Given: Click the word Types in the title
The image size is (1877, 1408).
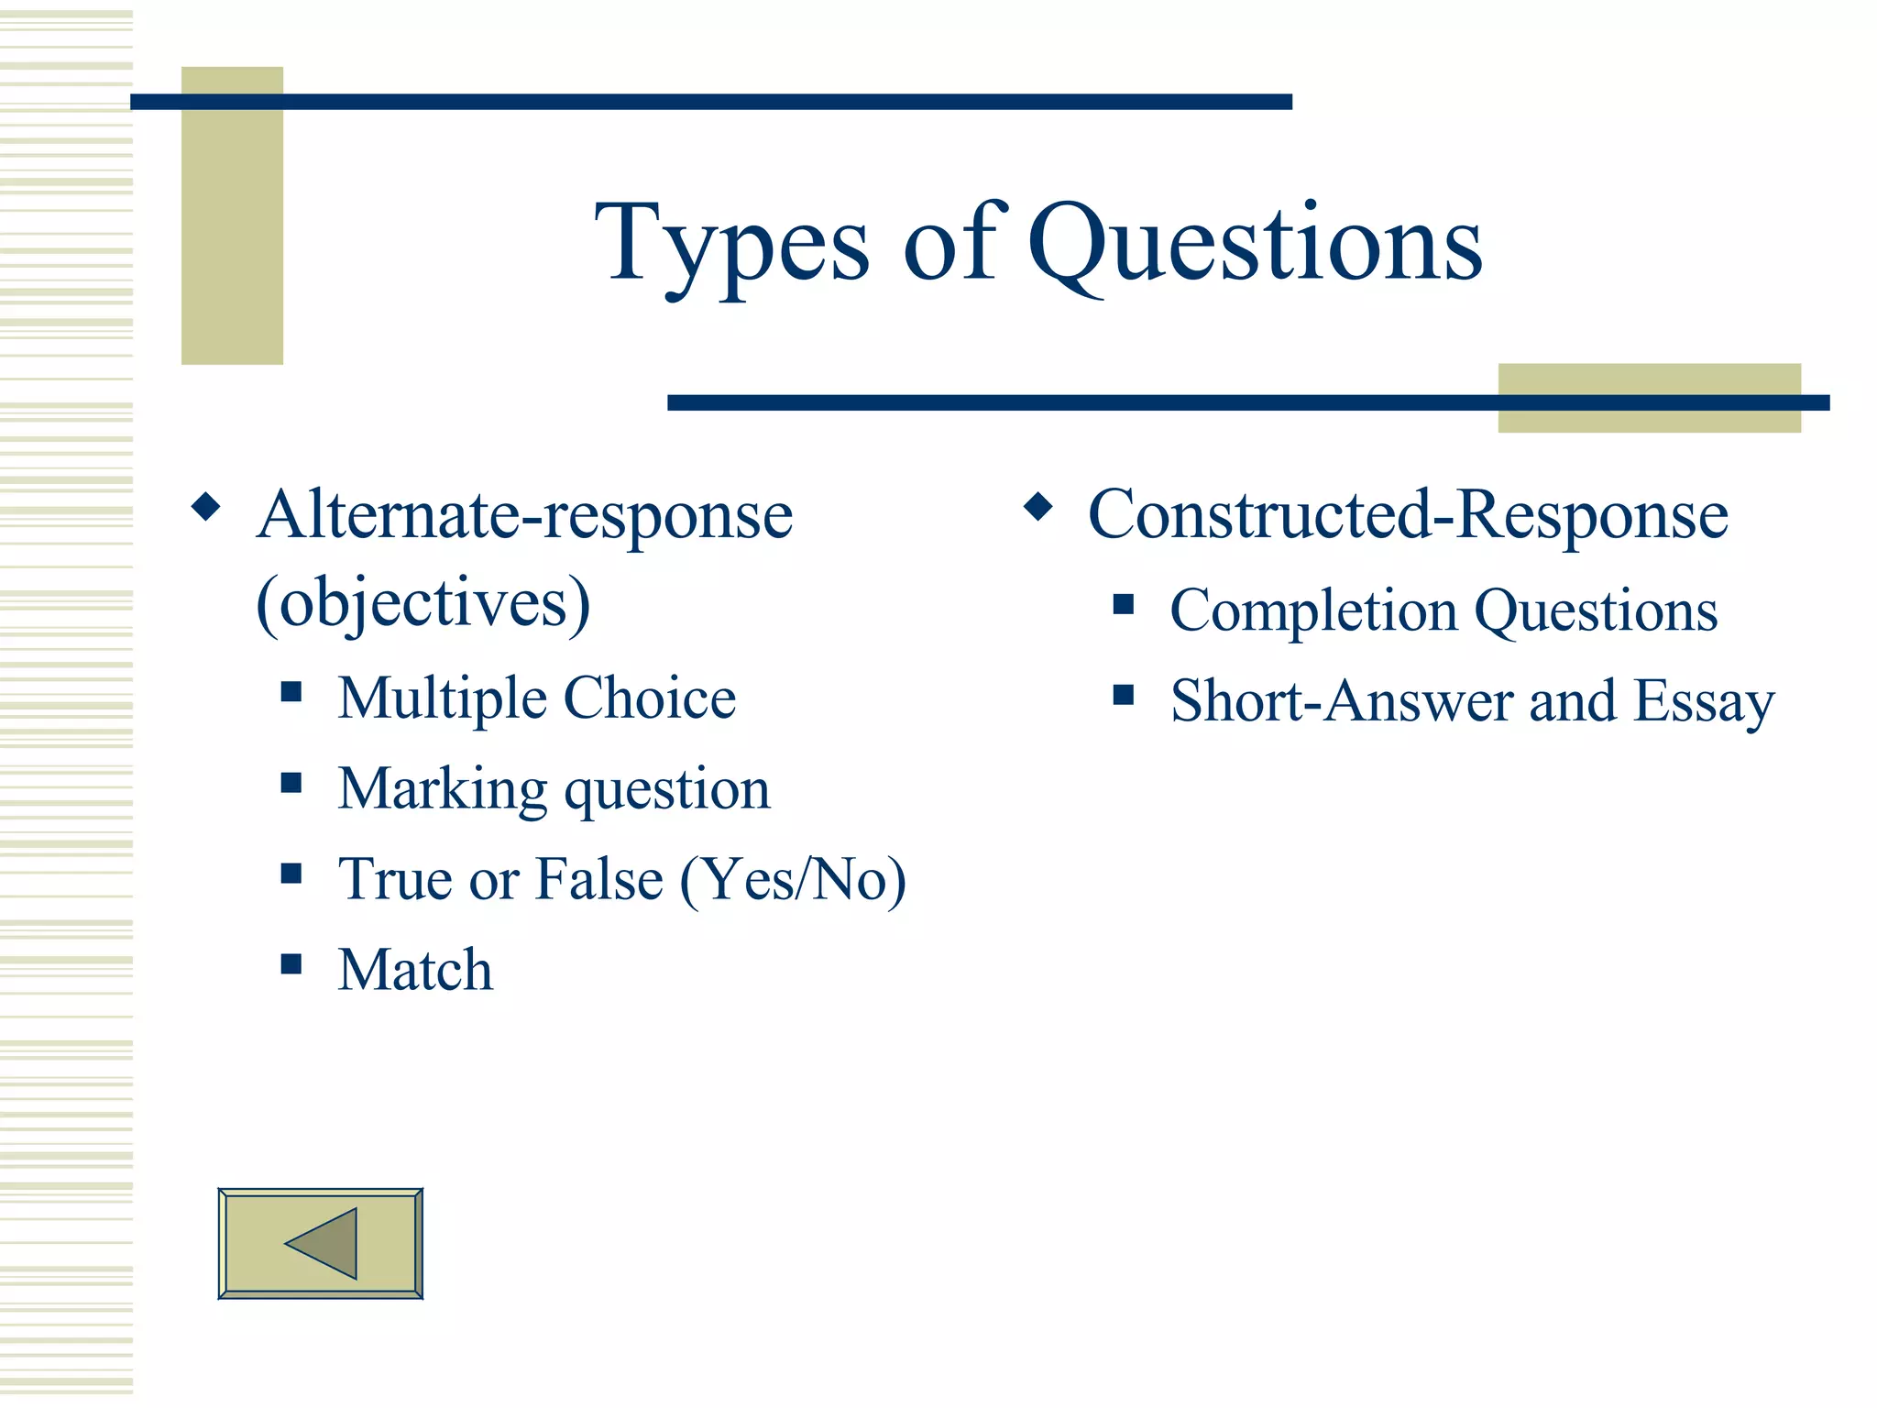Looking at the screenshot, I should (731, 246).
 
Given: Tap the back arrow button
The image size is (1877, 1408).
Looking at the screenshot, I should (320, 1243).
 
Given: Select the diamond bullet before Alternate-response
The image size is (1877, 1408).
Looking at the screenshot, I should (206, 506).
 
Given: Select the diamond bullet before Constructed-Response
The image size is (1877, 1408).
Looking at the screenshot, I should (1037, 506).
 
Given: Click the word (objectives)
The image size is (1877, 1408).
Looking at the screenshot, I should (423, 603).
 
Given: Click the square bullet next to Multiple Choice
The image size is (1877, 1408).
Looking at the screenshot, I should (291, 691).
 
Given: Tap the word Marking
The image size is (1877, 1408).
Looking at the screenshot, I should (443, 789).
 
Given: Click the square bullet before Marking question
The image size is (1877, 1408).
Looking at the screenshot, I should (291, 782).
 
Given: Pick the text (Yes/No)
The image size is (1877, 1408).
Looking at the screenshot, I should (793, 880).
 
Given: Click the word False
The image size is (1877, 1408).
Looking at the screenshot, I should (598, 880).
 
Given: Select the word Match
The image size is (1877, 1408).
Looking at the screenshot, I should (415, 970).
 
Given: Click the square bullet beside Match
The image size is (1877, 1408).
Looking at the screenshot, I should (291, 963).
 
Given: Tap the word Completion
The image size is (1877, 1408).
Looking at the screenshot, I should (1313, 611).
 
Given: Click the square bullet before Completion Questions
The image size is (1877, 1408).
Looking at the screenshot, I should (1124, 604).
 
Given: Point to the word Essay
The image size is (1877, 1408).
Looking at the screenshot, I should (1704, 702).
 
